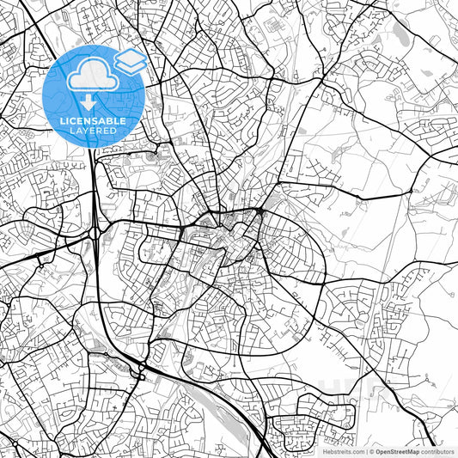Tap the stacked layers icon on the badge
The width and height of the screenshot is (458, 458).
point(131,61)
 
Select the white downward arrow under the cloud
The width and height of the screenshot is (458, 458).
point(93,101)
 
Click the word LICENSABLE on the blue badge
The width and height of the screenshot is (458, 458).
point(93,121)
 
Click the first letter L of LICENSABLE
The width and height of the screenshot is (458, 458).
point(61,121)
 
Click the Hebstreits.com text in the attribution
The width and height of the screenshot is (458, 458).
point(342,450)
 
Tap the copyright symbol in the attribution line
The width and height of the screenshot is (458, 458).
point(372,450)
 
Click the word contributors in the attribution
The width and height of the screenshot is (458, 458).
point(437,450)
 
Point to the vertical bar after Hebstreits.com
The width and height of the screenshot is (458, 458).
point(365,450)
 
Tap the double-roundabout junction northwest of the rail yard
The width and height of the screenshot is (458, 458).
point(140,371)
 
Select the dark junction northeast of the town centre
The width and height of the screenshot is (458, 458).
point(260,211)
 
